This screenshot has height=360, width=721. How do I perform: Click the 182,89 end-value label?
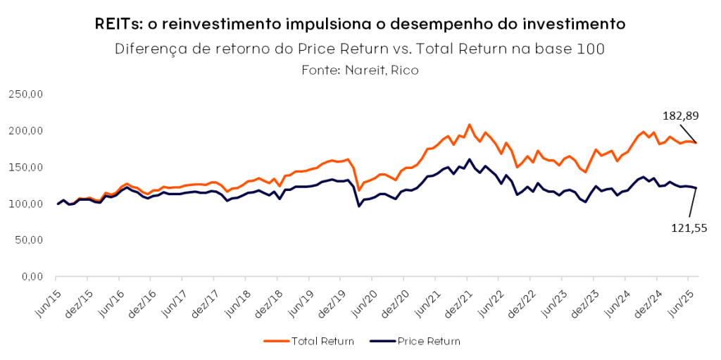click(681, 116)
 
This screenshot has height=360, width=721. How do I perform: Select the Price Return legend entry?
click(429, 341)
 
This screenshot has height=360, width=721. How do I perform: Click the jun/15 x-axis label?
click(47, 299)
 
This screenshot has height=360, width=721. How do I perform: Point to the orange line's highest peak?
click(470, 125)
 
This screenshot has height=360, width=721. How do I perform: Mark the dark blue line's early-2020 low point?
click(359, 206)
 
